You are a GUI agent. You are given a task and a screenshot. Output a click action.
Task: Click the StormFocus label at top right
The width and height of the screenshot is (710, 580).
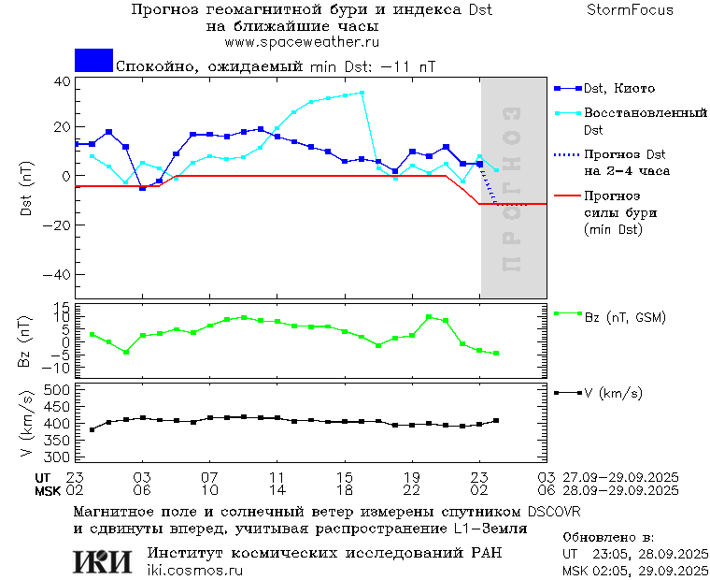point(630,10)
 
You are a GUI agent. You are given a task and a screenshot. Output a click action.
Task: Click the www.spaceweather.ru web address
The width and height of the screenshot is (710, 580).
point(302,42)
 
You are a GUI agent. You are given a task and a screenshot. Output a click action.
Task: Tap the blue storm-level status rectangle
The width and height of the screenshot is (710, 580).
point(93,61)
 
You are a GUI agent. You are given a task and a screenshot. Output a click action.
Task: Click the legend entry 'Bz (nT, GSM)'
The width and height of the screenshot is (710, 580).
point(624,318)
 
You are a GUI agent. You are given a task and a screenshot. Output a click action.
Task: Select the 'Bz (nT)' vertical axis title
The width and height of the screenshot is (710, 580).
point(25,342)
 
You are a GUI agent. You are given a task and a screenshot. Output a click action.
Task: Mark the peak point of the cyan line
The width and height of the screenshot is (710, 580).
point(362,93)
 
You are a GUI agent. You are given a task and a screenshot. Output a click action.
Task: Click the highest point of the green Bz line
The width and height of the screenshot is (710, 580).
point(429,317)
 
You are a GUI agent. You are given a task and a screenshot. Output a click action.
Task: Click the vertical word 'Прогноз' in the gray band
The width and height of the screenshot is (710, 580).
point(510,188)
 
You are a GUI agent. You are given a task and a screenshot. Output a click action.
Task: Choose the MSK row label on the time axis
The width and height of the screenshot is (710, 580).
point(48,490)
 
